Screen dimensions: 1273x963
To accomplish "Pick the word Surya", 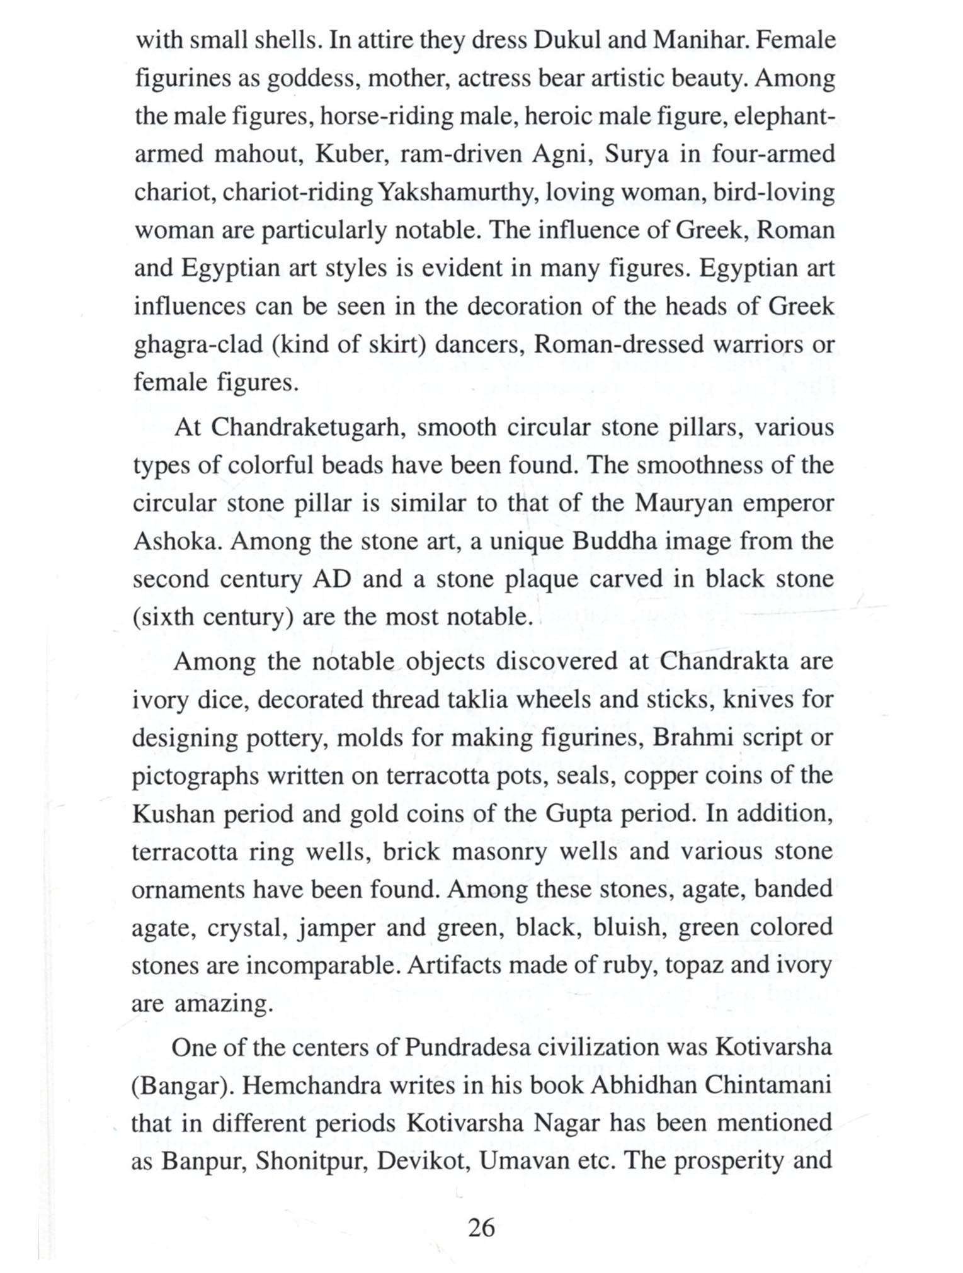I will click(637, 154).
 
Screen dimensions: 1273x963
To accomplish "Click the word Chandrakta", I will click(724, 662).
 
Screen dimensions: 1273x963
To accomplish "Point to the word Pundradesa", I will click(470, 1048).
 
